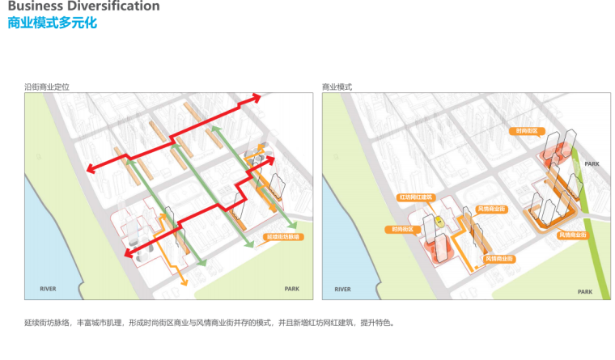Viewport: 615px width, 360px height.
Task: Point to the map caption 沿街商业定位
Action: (x=47, y=86)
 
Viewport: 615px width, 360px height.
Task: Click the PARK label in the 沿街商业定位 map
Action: (x=291, y=289)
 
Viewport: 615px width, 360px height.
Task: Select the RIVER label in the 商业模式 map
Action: (x=342, y=289)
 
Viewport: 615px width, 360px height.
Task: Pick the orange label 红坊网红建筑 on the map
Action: (x=416, y=197)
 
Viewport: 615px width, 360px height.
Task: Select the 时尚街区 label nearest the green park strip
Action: (x=527, y=131)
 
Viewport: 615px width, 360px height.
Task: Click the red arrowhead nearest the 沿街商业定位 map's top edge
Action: (x=256, y=97)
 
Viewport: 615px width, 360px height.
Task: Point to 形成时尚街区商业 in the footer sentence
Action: (x=159, y=323)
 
